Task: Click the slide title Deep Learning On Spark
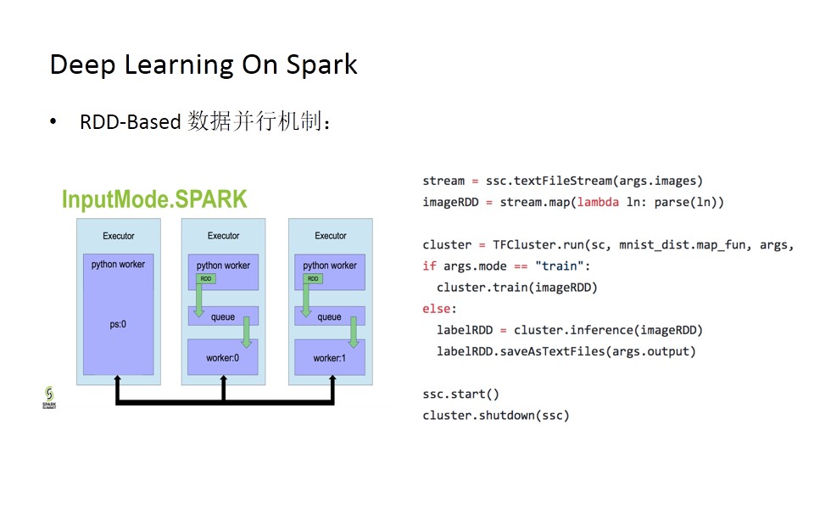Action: pyautogui.click(x=203, y=65)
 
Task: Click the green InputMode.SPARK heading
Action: pyautogui.click(x=154, y=199)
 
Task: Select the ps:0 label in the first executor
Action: pyautogui.click(x=118, y=324)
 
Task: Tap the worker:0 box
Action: pyautogui.click(x=223, y=357)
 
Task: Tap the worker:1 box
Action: pyautogui.click(x=330, y=357)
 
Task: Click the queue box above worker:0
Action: pyautogui.click(x=223, y=316)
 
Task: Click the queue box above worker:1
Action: pyautogui.click(x=330, y=316)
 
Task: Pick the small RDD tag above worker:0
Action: pyautogui.click(x=206, y=279)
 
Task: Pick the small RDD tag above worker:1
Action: pyautogui.click(x=313, y=279)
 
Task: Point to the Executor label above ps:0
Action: pyautogui.click(x=119, y=236)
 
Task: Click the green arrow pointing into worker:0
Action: pyautogui.click(x=247, y=332)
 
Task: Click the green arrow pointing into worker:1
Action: pyautogui.click(x=354, y=332)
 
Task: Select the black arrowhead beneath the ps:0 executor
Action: pyautogui.click(x=118, y=378)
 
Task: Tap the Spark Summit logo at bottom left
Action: pyautogui.click(x=49, y=397)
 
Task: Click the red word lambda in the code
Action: pyautogui.click(x=598, y=202)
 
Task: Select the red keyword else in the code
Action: pyautogui.click(x=436, y=309)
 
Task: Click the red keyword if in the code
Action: pyautogui.click(x=429, y=266)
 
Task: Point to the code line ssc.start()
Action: pyautogui.click(x=461, y=394)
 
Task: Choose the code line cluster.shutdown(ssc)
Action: pyautogui.click(x=496, y=416)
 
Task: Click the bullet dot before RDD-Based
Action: pyautogui.click(x=53, y=121)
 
